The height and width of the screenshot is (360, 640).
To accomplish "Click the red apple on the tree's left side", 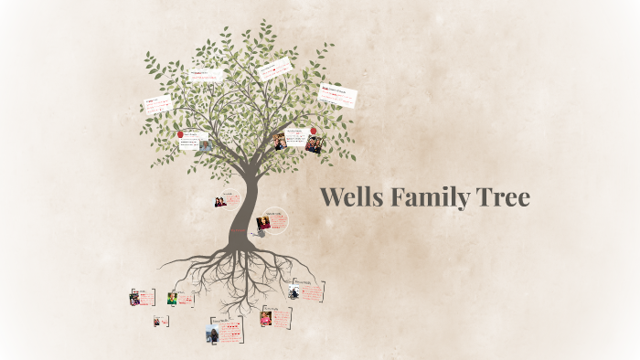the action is tap(180, 134).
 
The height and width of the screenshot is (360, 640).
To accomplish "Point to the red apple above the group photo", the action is tap(314, 131).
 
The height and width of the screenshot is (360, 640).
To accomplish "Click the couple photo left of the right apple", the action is tap(281, 141).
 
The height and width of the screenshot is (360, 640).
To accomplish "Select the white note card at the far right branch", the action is tap(337, 95).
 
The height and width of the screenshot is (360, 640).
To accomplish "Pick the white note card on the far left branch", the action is tap(156, 105).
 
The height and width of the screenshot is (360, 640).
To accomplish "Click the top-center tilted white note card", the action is tap(274, 69).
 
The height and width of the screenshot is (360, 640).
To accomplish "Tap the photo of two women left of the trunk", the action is tap(220, 201).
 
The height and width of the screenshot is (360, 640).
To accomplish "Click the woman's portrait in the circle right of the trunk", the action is tap(263, 222).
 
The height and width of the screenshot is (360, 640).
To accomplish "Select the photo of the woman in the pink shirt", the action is tap(266, 318).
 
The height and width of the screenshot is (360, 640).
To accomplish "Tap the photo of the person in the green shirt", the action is tap(171, 299).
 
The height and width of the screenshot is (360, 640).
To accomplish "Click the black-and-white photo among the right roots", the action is tap(294, 291).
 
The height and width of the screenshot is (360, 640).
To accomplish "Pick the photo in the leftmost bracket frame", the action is tap(135, 298).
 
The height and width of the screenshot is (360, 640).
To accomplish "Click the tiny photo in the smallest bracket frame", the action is tap(157, 321).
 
